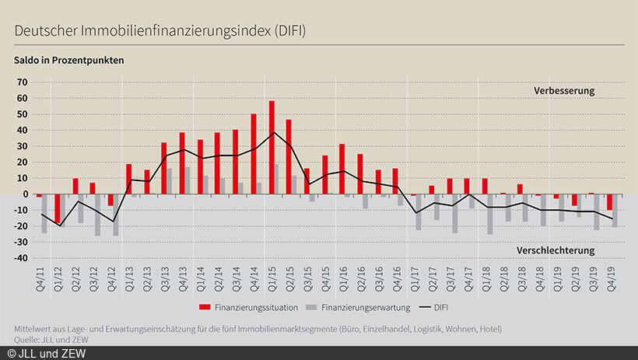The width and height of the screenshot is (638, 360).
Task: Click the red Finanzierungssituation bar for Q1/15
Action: tap(272, 147)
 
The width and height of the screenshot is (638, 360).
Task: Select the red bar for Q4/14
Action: tap(254, 153)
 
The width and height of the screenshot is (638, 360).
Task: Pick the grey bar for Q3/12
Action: tap(98, 214)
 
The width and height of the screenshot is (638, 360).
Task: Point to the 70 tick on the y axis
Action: tap(22, 82)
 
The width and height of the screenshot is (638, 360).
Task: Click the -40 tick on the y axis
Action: tap(19, 257)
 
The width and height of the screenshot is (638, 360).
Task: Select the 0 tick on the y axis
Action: tap(25, 194)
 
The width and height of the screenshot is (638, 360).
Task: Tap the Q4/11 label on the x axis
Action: tap(39, 278)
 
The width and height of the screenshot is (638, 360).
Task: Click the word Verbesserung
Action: tap(563, 90)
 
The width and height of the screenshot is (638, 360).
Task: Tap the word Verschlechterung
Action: tap(556, 250)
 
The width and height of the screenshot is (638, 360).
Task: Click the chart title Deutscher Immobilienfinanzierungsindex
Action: tap(159, 30)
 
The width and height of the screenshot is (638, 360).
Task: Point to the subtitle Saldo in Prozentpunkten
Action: tap(68, 60)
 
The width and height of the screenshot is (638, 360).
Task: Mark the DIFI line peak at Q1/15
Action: tap(272, 132)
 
